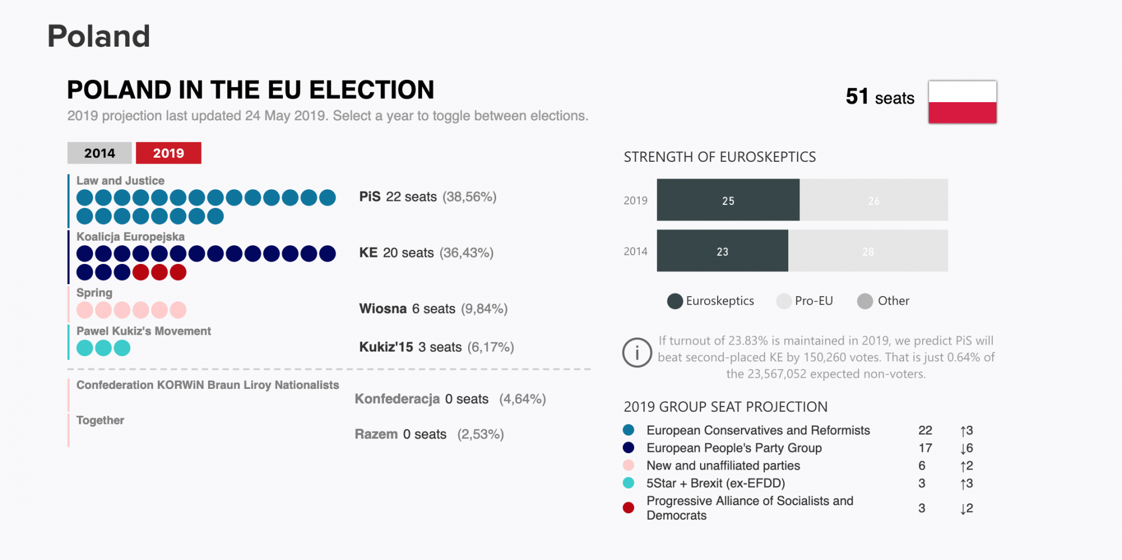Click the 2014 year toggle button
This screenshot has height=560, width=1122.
[x=99, y=153]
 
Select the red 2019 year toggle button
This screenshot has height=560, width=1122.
[x=168, y=153]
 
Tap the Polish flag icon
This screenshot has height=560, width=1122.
[x=962, y=102]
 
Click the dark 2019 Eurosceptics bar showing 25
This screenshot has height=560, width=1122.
[x=728, y=200]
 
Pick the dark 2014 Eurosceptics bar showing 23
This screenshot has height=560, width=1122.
[x=722, y=251]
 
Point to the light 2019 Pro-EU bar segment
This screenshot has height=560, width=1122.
[x=873, y=200]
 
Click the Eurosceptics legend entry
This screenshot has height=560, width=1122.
[x=711, y=301]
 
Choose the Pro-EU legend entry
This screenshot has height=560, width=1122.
[x=805, y=301]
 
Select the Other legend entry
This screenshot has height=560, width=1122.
[x=884, y=301]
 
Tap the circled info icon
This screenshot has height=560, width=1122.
[x=637, y=353]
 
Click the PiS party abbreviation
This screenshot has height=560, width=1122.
[x=370, y=197]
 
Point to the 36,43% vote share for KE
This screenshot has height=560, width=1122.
[x=466, y=253]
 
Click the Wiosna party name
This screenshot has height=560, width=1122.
[x=383, y=309]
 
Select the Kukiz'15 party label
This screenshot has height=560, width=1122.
[x=386, y=347]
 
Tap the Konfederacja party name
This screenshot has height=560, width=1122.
[x=397, y=399]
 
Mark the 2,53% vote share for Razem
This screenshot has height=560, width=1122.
[x=480, y=434]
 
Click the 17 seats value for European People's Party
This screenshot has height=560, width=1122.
[x=925, y=448]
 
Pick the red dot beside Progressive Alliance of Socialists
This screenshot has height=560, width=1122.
[x=629, y=508]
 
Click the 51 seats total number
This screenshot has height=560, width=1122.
[x=857, y=97]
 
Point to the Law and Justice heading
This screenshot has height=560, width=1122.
[x=120, y=181]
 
